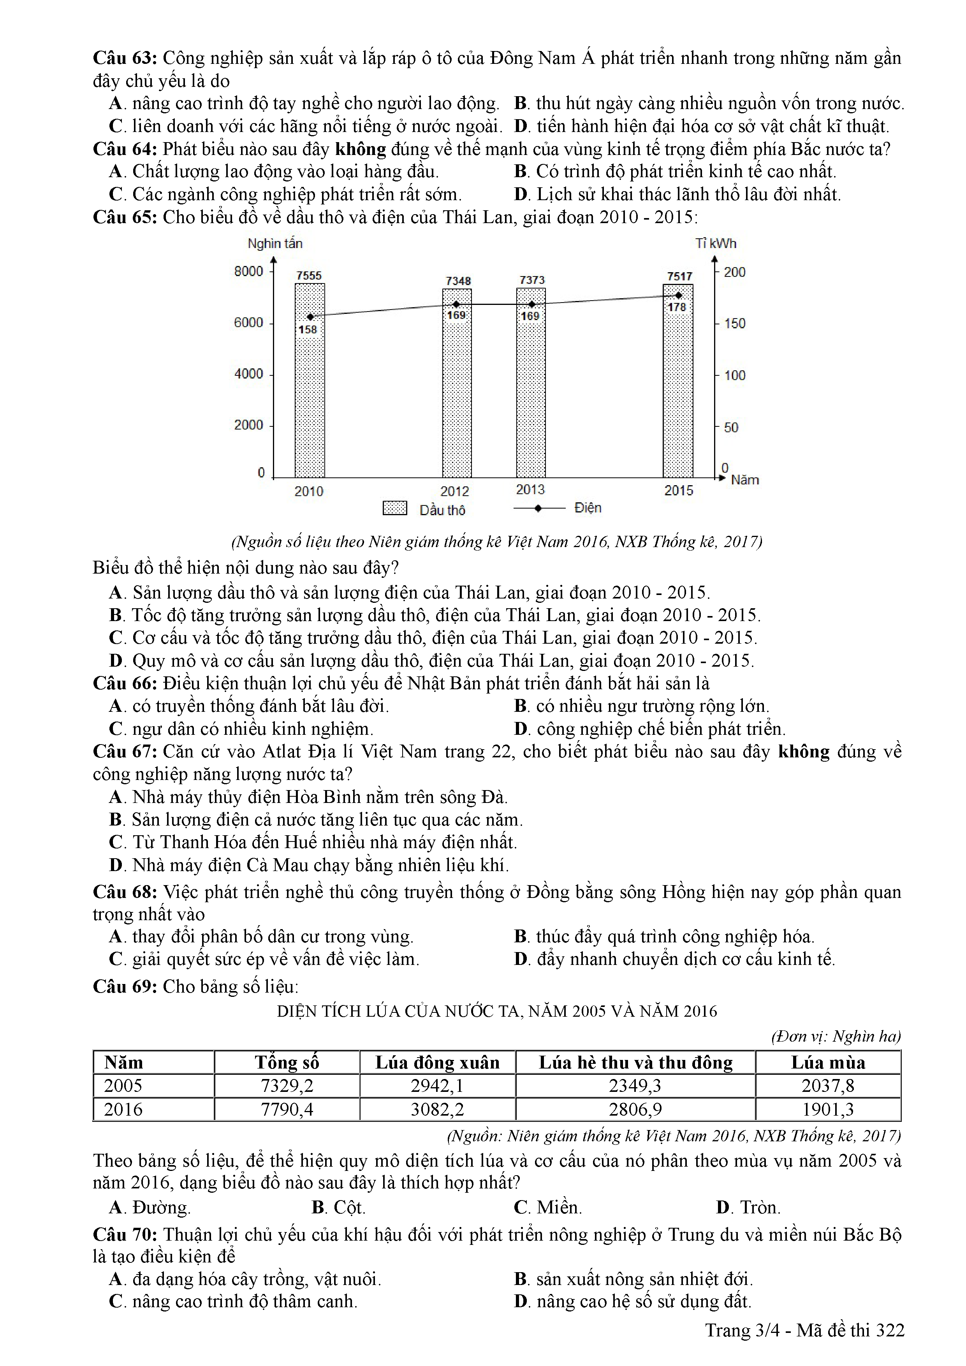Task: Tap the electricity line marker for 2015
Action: pos(679,295)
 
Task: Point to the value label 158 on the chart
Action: pos(308,329)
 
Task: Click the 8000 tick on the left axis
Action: pos(249,271)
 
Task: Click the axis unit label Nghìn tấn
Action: pos(275,243)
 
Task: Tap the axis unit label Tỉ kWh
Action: pos(716,243)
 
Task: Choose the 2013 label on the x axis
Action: pos(530,489)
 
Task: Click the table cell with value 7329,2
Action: pos(287,1086)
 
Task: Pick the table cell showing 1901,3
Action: pos(828,1109)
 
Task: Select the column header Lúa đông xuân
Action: pos(437,1063)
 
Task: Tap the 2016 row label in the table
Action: pos(123,1109)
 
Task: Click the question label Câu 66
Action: pos(125,683)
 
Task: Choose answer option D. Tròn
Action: pos(748,1207)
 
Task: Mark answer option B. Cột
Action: pos(338,1207)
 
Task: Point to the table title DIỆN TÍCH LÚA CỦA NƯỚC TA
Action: pos(497,1011)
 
